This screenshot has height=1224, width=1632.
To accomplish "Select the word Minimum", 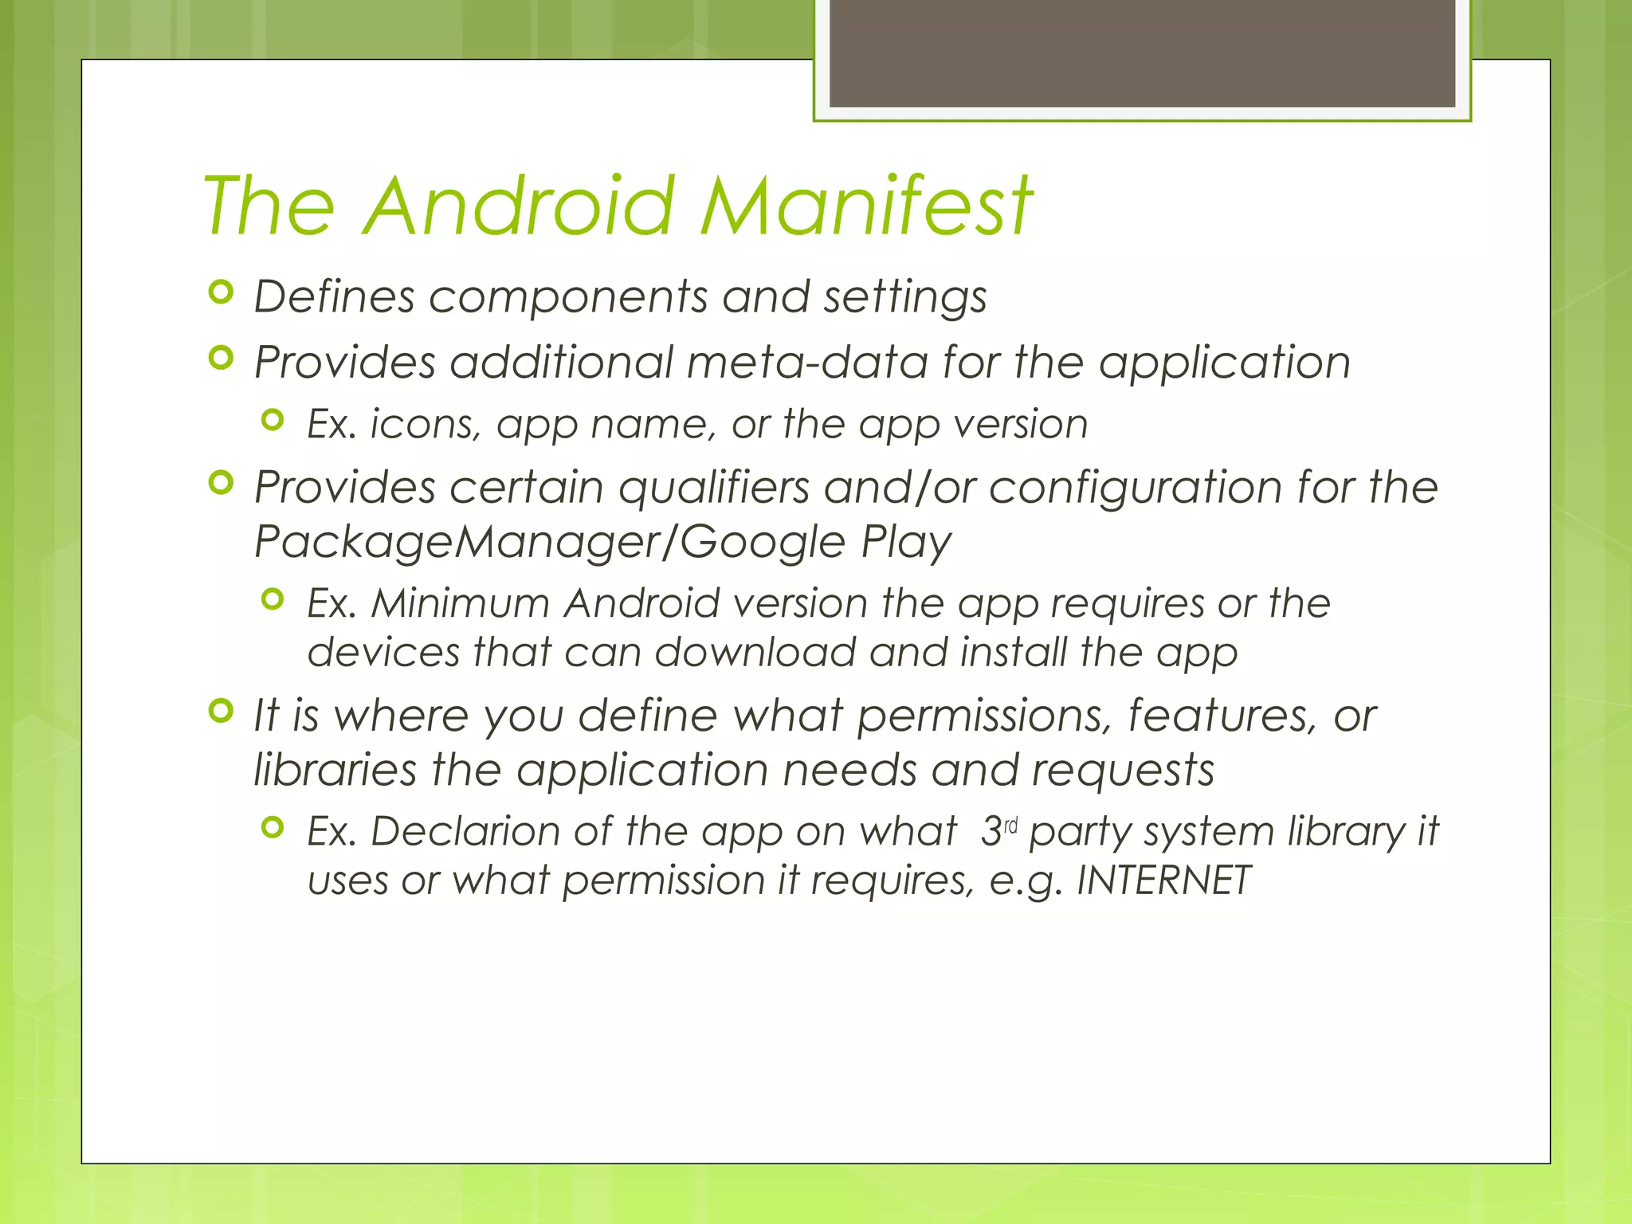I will pos(460,603).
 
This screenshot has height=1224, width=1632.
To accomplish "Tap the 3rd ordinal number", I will pos(998,831).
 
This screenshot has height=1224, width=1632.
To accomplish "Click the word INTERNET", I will pos(1163,881).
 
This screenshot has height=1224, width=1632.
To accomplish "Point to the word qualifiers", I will pos(714,487).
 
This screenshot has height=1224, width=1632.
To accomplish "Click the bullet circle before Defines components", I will pos(221,292).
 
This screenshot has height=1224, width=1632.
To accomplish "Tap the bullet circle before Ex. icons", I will pos(273,419).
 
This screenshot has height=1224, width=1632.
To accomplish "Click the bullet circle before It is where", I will pos(221,711).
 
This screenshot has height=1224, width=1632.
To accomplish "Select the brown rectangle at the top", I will pos(1142,53).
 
